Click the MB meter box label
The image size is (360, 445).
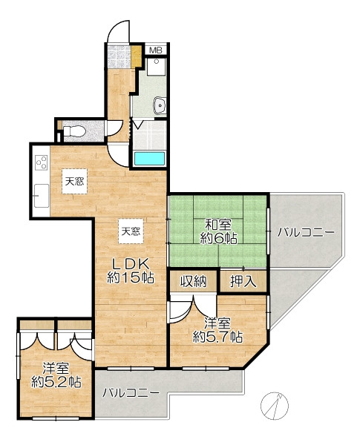pos(156,50)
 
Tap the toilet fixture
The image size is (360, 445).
pos(74,131)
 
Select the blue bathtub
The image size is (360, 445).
pos(149,159)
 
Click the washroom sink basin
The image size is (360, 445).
pos(160,105)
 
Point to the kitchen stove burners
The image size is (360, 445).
pos(42,162)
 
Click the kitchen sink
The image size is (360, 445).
pos(42,196)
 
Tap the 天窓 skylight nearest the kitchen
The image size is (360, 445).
pos(74,182)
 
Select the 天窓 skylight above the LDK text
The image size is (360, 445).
pos(131,231)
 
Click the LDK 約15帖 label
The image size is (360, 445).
pos(131,271)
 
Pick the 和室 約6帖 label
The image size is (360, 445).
pos(218,232)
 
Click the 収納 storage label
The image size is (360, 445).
pos(193,282)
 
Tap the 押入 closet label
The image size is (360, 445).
pos(243,282)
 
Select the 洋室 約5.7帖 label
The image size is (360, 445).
pos(217,331)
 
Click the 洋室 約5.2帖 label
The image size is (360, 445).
pos(56,376)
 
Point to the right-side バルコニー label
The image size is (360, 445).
pos(306,233)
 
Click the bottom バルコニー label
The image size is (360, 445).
pos(131,393)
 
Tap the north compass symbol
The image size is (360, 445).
pos(275,406)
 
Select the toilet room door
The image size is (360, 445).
pos(114,128)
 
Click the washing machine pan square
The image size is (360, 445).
pos(156,67)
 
